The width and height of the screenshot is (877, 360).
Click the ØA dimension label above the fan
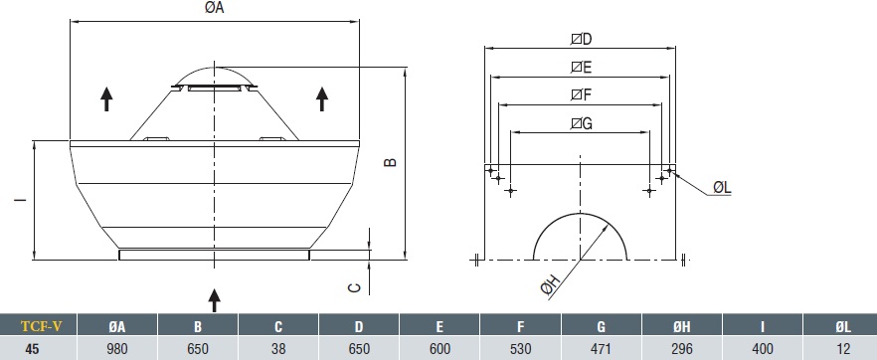215,8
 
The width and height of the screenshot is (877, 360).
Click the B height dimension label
391,161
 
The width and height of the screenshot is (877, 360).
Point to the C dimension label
355,287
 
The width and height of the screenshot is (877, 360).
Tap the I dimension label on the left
21,200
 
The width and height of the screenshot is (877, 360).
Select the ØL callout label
722,188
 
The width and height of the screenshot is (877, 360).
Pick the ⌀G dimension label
581,123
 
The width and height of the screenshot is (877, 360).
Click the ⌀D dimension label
581,39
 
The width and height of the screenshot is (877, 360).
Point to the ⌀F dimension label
581,95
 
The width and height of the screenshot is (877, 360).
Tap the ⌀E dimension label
581,67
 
